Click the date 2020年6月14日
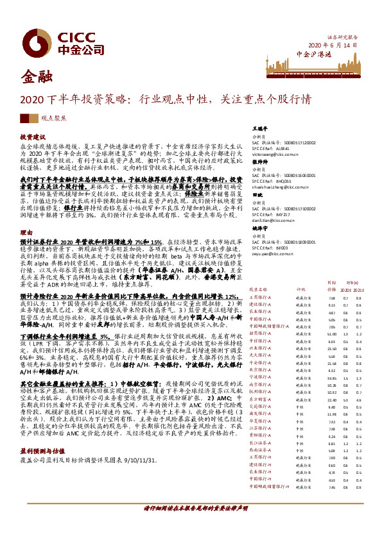coord(332,45)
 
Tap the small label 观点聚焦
coord(51,119)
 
